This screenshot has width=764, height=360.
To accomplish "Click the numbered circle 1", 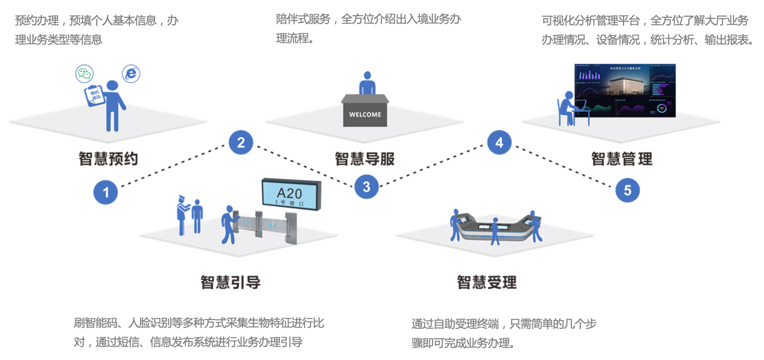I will tap(106, 192).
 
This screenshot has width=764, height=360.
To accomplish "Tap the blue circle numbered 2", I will tap(241, 143).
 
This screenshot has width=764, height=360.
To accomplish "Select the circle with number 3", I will tap(366, 187).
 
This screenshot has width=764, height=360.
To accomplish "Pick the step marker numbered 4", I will tap(499, 143).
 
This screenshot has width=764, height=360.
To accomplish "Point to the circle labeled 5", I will tap(627, 190).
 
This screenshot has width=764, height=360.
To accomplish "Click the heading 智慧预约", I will tap(108, 159).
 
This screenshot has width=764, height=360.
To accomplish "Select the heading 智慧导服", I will tap(364, 159).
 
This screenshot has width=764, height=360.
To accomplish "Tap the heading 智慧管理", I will tap(622, 159).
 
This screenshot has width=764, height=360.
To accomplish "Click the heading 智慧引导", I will tap(230, 282).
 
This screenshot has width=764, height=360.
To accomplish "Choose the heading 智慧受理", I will tap(487, 282).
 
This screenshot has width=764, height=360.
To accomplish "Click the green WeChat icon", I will tap(84, 74).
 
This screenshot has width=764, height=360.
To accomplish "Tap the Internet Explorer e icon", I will tap(131, 74).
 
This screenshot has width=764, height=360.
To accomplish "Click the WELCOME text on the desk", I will tap(365, 114).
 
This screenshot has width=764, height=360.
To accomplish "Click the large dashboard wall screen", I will tap(625, 90).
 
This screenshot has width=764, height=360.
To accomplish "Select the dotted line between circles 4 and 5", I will tap(563, 166).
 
